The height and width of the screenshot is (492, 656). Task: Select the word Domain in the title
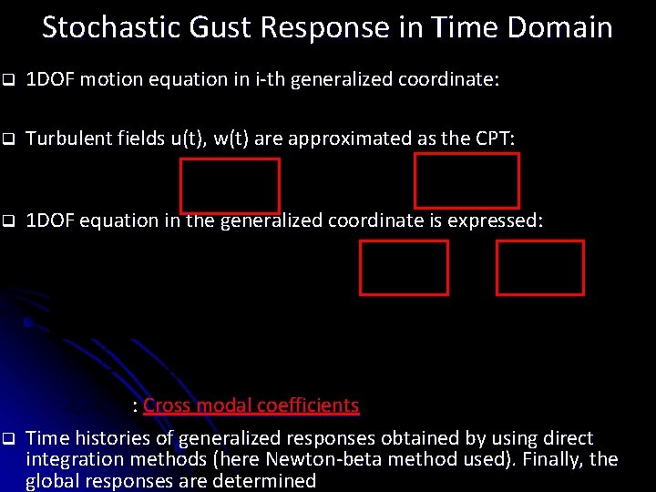pyautogui.click(x=564, y=27)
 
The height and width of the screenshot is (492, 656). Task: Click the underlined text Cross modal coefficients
pyautogui.click(x=251, y=405)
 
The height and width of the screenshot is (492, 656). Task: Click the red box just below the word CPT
pyautogui.click(x=466, y=180)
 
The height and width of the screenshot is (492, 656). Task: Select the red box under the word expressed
pyautogui.click(x=539, y=268)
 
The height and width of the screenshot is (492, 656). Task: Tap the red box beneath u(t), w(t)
pyautogui.click(x=230, y=185)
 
